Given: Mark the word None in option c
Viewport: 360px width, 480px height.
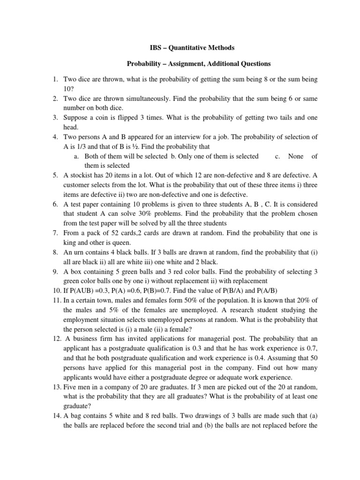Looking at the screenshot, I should pyautogui.click(x=296, y=156).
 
